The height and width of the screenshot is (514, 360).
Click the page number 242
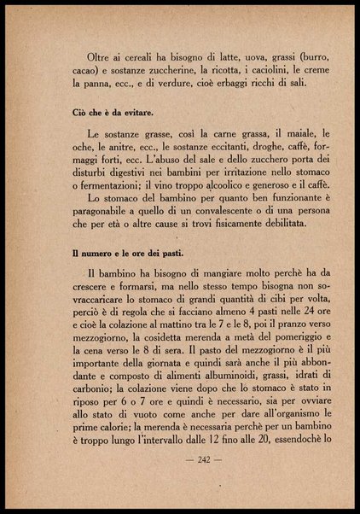coord(180,459)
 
